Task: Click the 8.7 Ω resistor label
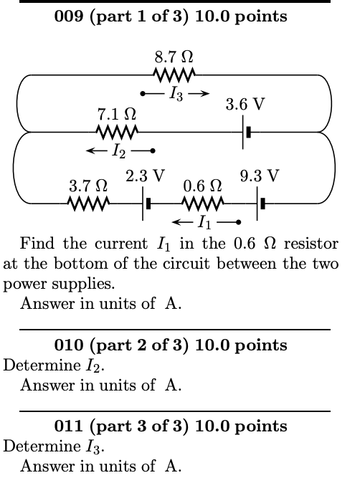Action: tap(173, 55)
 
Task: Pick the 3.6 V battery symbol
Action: tap(246, 132)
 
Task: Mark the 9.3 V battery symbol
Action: tap(262, 204)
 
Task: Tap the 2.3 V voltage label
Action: tap(145, 176)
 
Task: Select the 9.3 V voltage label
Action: tap(259, 176)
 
